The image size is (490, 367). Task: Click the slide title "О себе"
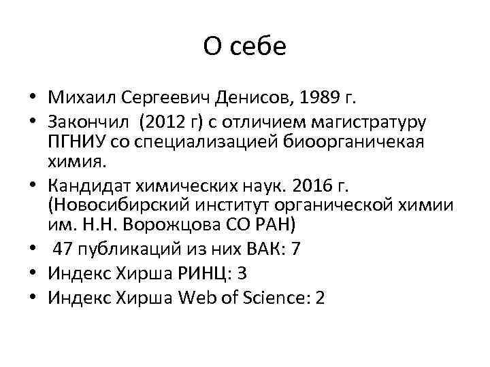click(x=245, y=47)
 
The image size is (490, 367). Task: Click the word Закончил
click(x=88, y=123)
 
